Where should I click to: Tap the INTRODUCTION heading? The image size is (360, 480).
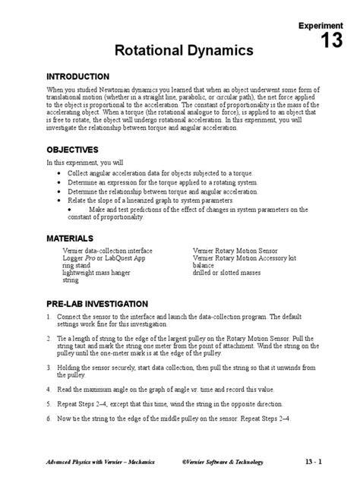coord(78,77)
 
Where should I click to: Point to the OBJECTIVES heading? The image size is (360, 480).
coord(72,149)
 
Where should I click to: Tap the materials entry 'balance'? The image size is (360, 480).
coord(206,266)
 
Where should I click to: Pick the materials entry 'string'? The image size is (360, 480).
coord(71,280)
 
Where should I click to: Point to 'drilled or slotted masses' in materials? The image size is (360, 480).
coord(227,273)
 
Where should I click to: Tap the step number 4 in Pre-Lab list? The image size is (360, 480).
coord(49,388)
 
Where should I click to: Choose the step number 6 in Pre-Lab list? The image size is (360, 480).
coord(49,418)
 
